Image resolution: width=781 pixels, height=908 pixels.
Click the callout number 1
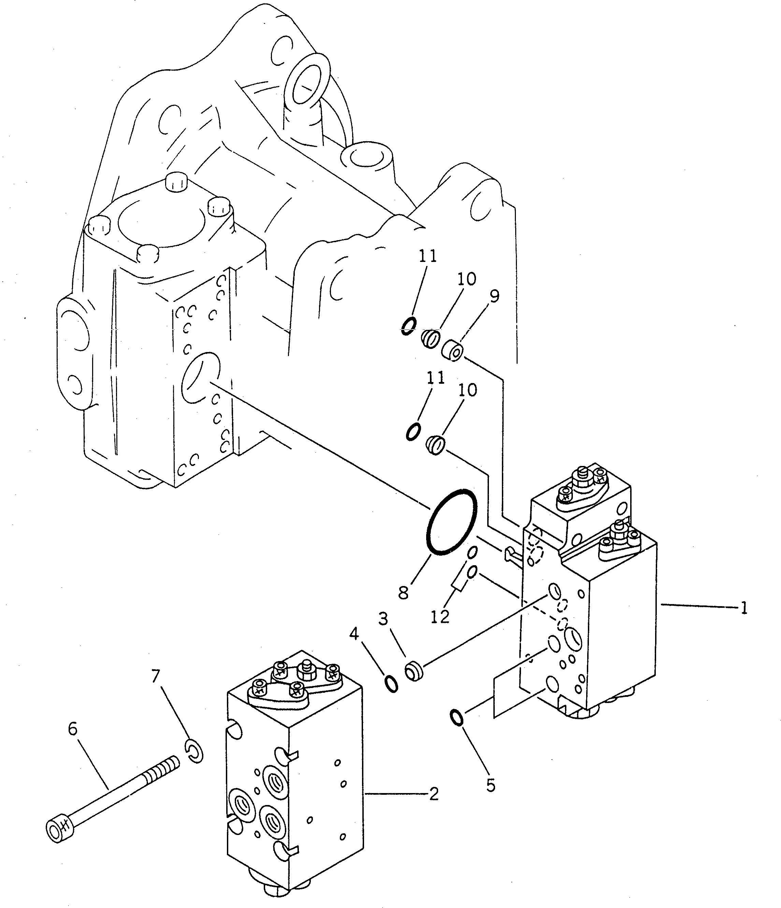click(x=743, y=608)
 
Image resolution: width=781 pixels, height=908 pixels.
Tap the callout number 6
click(x=73, y=728)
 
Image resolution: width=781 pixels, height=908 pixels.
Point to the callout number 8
click(x=403, y=592)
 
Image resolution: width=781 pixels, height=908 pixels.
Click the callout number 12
click(x=439, y=617)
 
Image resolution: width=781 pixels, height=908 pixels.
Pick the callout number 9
click(x=494, y=297)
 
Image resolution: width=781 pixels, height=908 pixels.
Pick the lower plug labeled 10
click(x=436, y=446)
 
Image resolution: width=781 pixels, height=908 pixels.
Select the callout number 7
click(x=156, y=676)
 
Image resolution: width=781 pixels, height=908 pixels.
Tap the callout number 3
click(x=383, y=619)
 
